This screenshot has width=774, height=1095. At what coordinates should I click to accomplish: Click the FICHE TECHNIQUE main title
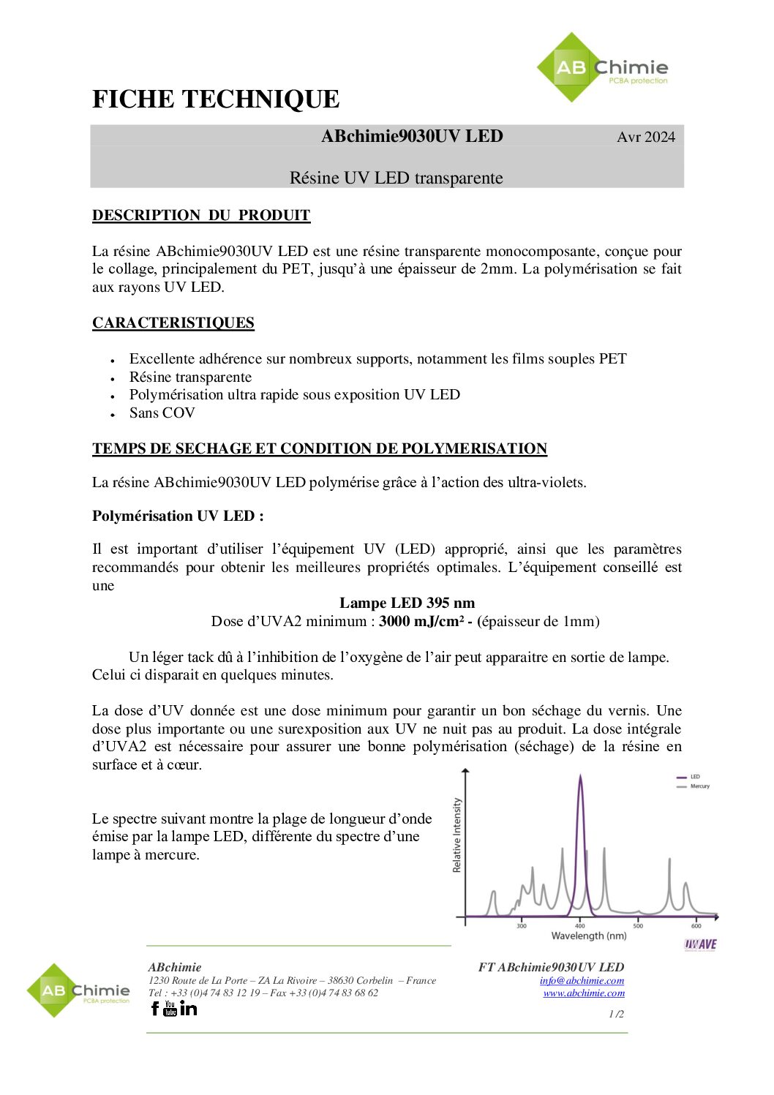(216, 99)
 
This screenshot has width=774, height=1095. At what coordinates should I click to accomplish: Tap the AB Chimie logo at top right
(602, 68)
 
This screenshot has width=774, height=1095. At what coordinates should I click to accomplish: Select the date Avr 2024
(645, 138)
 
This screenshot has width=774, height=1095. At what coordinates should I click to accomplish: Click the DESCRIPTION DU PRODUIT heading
(201, 216)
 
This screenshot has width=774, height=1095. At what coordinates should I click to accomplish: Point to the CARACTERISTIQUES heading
(173, 323)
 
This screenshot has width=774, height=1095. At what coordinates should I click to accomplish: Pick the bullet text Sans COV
(162, 413)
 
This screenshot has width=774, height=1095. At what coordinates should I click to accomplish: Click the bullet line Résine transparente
(190, 377)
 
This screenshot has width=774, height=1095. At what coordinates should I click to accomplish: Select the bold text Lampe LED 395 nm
(407, 603)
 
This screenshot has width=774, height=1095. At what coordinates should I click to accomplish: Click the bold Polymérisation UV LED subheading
(178, 516)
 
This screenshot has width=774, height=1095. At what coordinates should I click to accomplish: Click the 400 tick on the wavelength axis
(580, 926)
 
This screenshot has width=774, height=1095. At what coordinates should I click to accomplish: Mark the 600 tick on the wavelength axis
(696, 926)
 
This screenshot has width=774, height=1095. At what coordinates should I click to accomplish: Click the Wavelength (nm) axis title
(589, 936)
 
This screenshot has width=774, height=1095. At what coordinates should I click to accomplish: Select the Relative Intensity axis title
(457, 835)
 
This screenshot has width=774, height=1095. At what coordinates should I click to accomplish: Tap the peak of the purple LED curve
(581, 777)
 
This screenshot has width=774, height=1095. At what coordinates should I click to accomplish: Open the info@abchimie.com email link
(582, 981)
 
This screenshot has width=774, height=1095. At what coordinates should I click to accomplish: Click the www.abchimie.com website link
(584, 993)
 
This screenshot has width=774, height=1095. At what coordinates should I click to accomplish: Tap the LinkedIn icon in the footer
(189, 1009)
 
